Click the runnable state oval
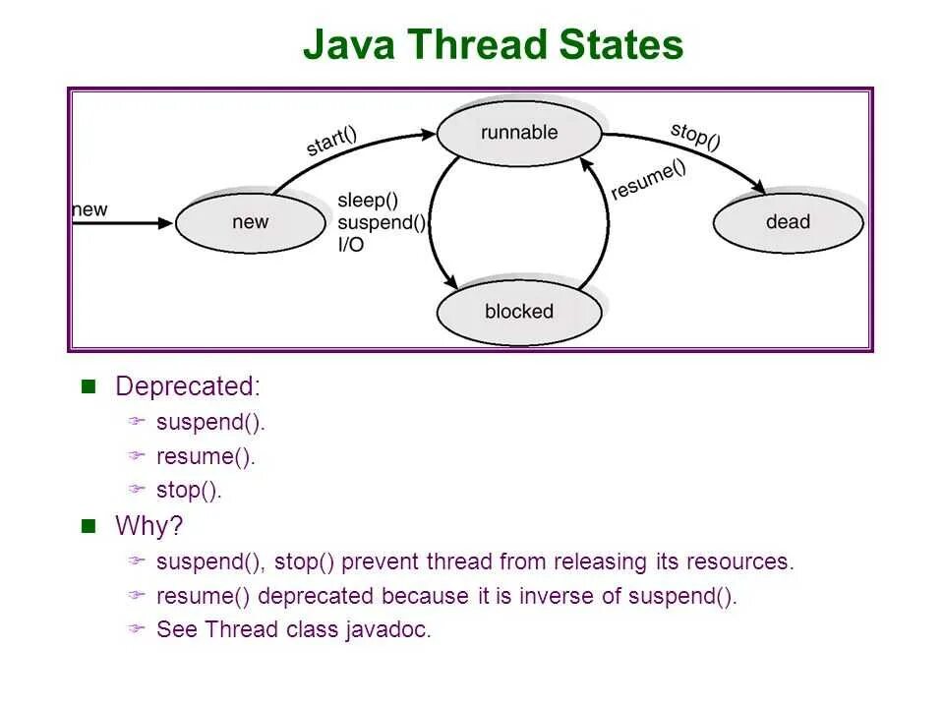(x=518, y=132)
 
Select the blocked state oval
(x=518, y=312)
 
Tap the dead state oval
(x=788, y=222)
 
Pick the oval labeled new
(x=250, y=222)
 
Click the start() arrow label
(x=331, y=142)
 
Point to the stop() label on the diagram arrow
(x=695, y=135)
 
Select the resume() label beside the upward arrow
(x=648, y=180)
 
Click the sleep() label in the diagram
(x=368, y=201)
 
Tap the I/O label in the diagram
(x=350, y=245)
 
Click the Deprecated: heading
(x=188, y=386)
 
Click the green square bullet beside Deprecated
(x=88, y=385)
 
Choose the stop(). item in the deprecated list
(x=189, y=490)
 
